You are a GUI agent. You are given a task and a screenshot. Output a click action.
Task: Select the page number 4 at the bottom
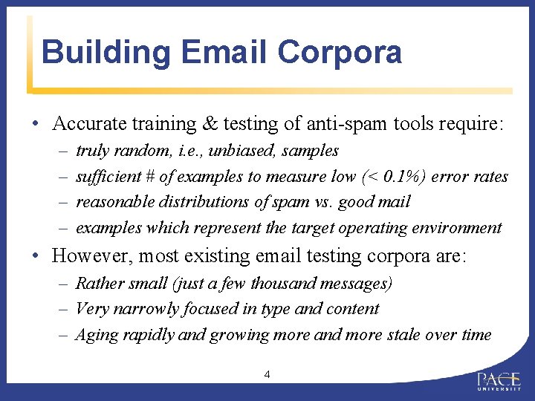[267, 374]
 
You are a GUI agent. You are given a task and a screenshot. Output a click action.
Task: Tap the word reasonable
[112, 202]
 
